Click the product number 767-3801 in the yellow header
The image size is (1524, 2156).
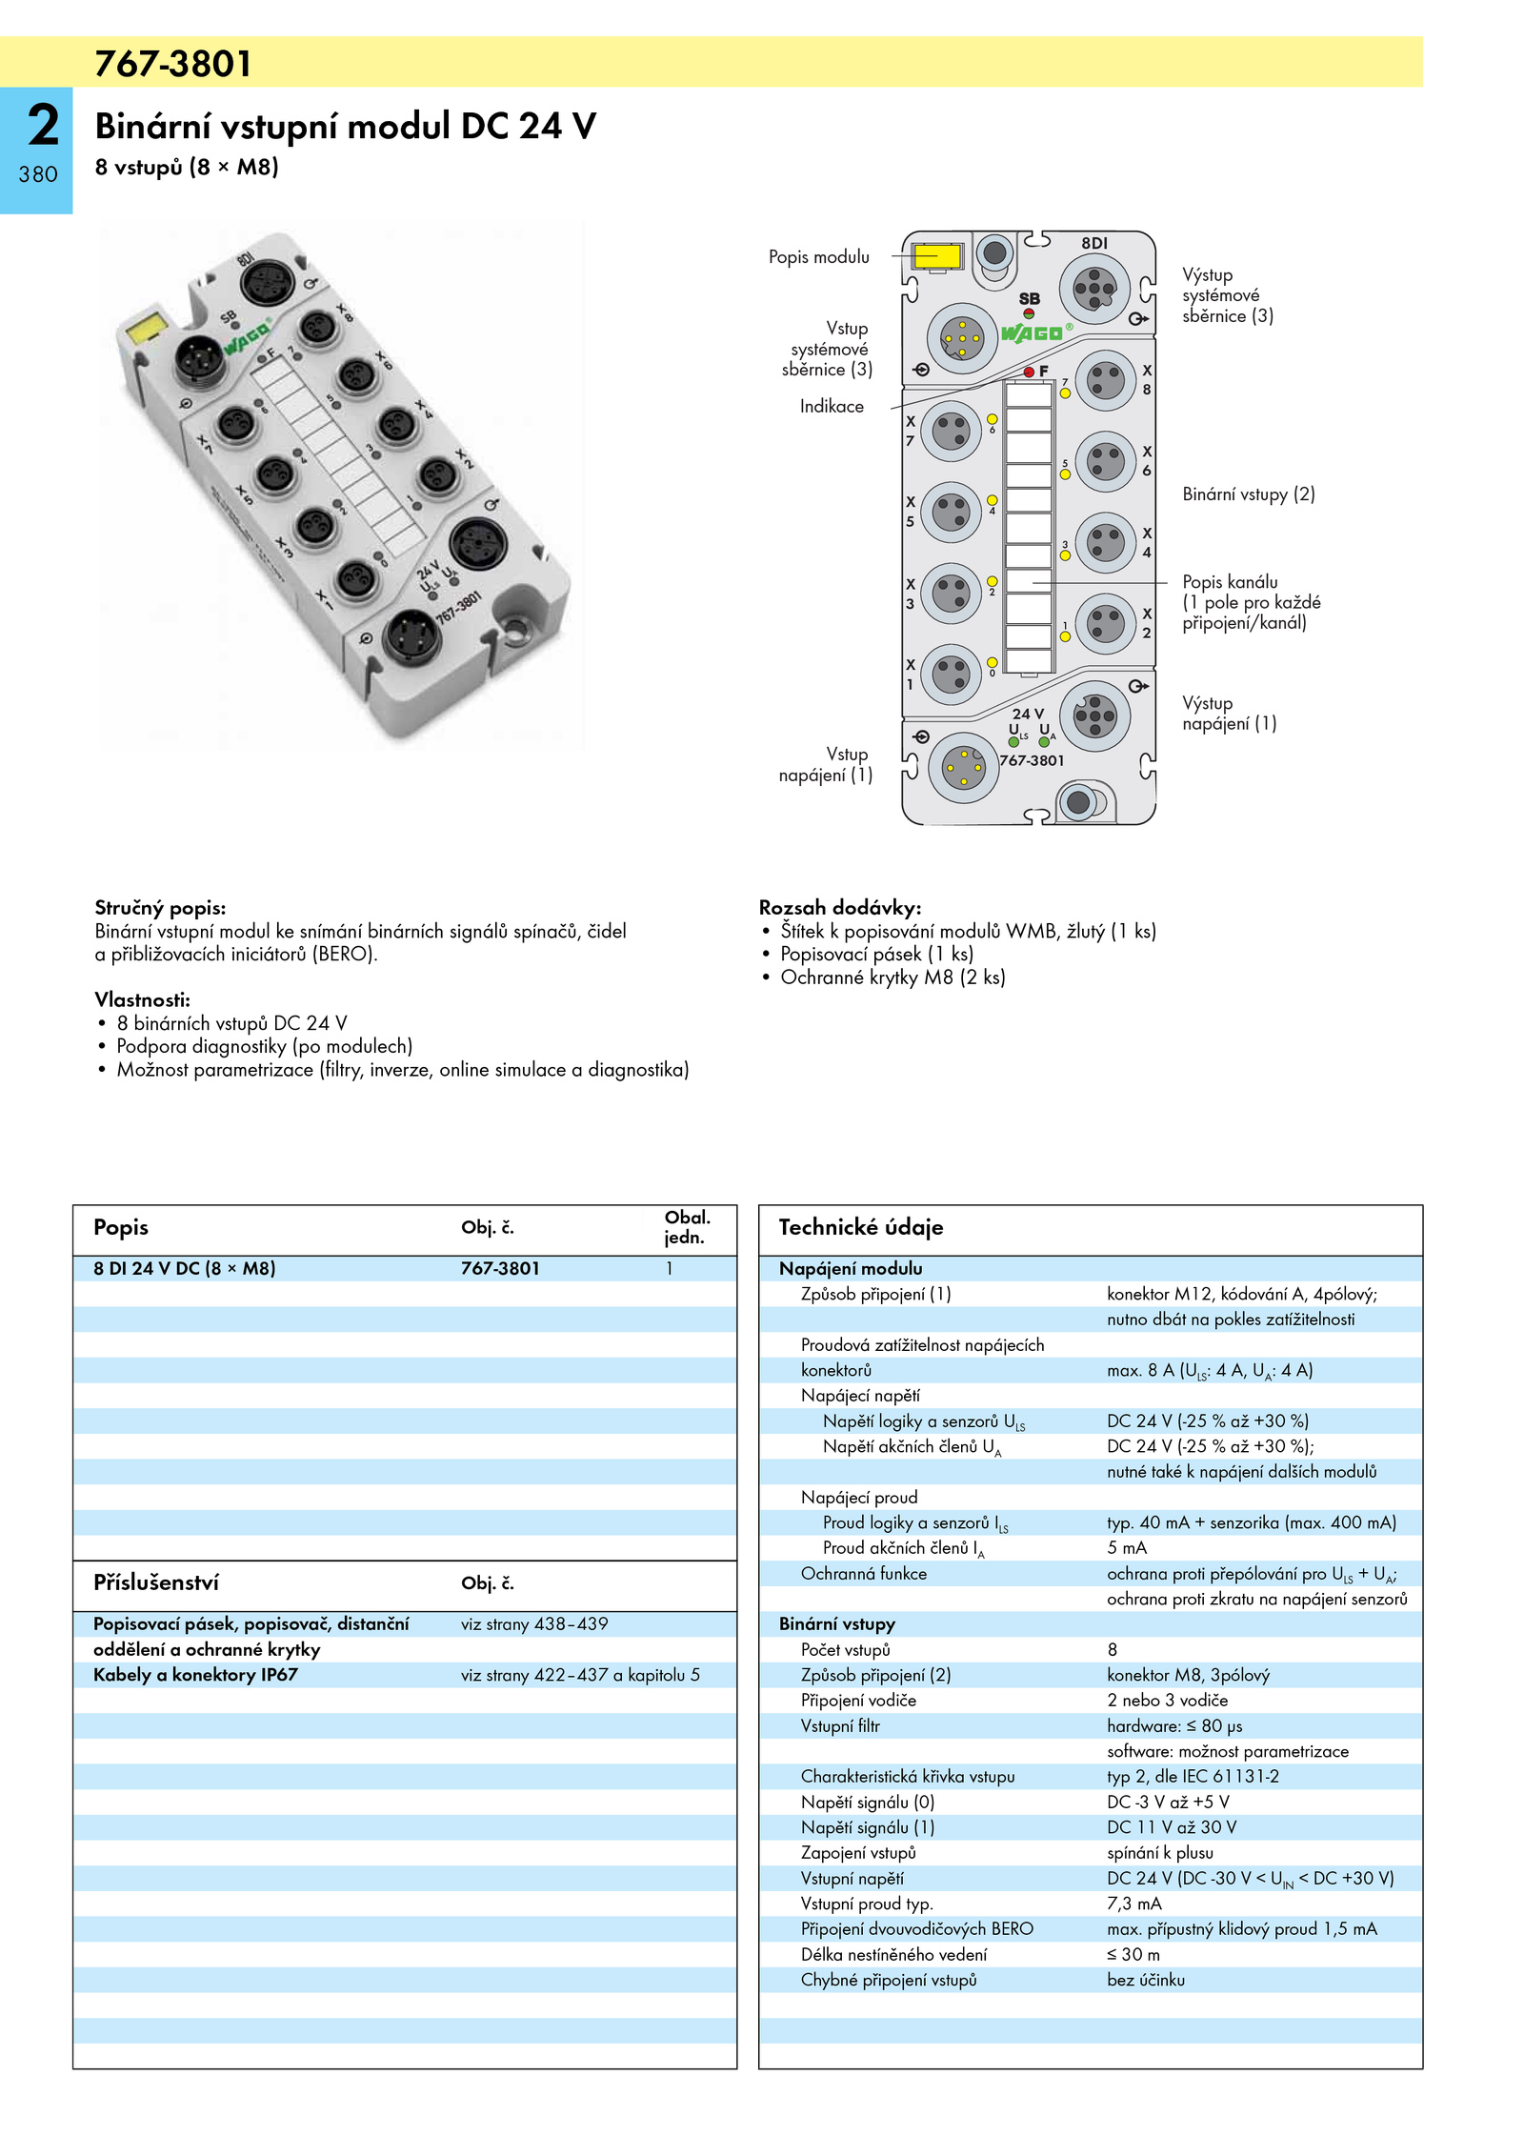click(173, 64)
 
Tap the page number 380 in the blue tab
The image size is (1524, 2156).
click(38, 174)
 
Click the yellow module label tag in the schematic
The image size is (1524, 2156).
click(936, 256)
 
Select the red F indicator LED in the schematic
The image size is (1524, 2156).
click(1029, 372)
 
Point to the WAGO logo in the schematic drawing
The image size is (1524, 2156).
click(1032, 333)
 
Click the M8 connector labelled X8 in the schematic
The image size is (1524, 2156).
click(1105, 381)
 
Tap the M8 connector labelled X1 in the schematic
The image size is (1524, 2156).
click(951, 675)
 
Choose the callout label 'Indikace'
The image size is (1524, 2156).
click(832, 407)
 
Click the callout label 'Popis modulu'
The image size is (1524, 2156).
click(819, 257)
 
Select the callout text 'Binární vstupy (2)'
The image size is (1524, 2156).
click(1249, 494)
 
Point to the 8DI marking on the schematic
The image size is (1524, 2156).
click(1094, 244)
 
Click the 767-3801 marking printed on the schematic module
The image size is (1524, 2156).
click(1032, 760)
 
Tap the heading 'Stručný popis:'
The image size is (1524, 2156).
click(160, 908)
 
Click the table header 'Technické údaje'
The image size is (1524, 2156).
click(861, 1227)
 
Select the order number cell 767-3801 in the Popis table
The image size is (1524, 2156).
click(500, 1269)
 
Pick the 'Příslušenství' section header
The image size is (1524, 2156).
click(156, 1582)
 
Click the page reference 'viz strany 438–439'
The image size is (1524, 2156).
click(534, 1624)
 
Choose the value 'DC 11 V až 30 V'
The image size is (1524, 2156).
click(1172, 1827)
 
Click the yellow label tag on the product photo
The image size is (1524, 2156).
click(147, 330)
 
